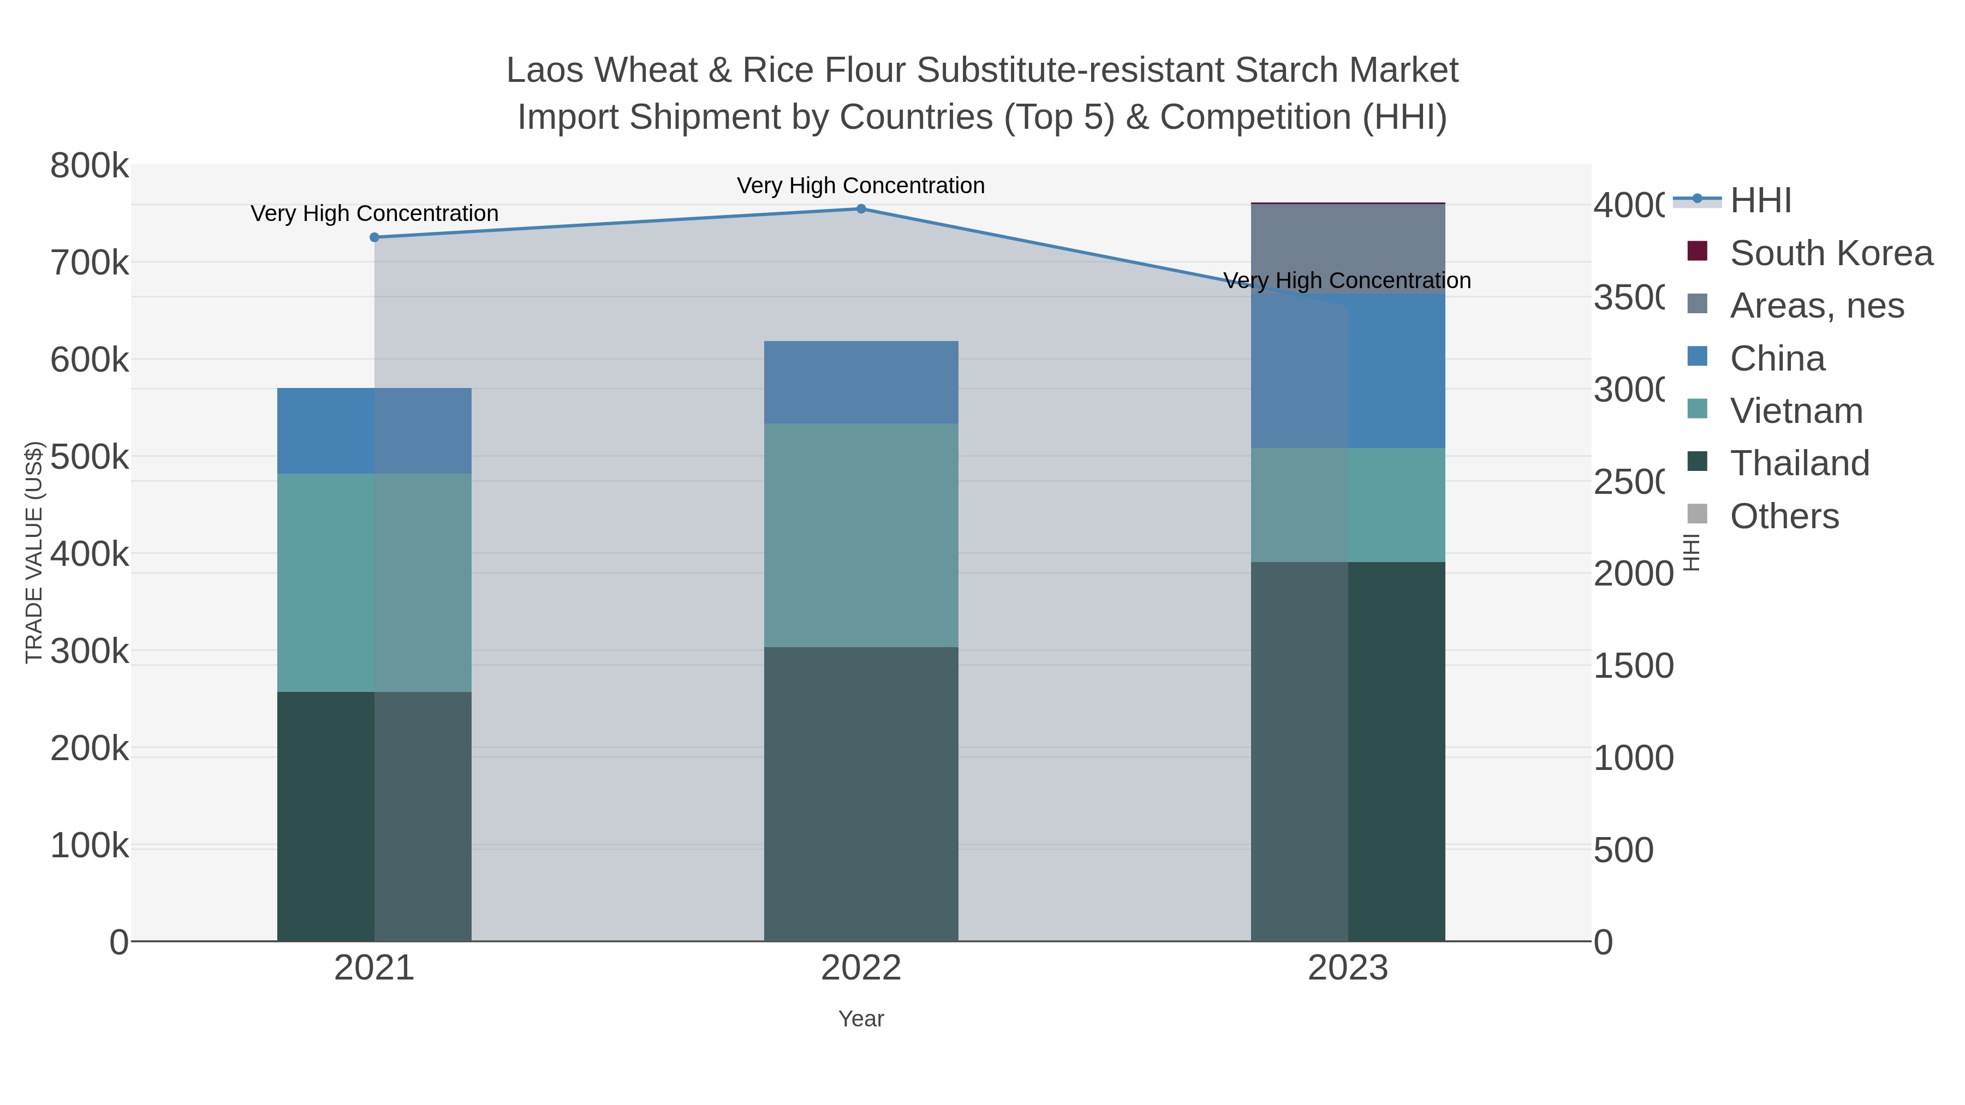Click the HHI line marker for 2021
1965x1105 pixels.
tap(374, 237)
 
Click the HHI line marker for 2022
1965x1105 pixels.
tap(861, 209)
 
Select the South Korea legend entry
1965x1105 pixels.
tap(1831, 253)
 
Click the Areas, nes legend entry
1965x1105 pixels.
tap(1816, 306)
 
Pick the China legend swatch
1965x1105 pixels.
tap(1697, 357)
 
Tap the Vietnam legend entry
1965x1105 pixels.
tap(1796, 411)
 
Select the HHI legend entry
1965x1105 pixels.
tap(1760, 201)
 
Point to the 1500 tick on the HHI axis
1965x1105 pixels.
tap(1633, 666)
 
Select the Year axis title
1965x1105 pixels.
tap(861, 1019)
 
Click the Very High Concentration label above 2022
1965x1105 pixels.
tap(861, 186)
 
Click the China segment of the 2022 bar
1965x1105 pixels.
tap(861, 382)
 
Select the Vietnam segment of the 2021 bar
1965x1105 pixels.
tap(374, 583)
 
